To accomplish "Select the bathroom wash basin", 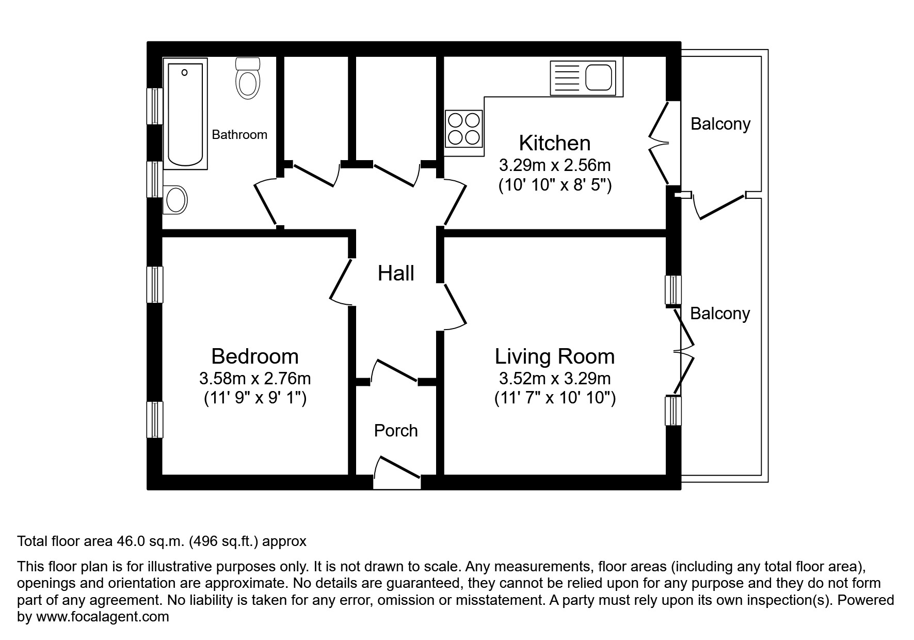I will coord(175,199).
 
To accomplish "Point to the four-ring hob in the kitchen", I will coord(463,129).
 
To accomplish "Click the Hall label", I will coord(396,273).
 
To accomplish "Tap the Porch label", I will coord(396,430).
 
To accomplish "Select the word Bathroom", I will coord(239,135).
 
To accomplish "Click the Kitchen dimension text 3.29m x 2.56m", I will coord(554,165).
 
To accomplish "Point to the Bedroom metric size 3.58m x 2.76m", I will coord(255,379).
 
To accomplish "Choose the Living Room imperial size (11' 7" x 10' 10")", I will coord(555,398).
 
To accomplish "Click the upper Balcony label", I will coord(720,124).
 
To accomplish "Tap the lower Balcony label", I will coord(719,314).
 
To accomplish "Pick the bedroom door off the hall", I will coord(341,282).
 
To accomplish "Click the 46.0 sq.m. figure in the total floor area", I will coord(150,541).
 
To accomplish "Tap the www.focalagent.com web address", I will coord(102,617).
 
